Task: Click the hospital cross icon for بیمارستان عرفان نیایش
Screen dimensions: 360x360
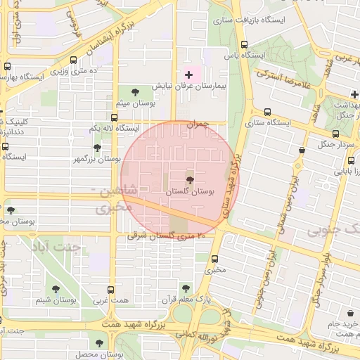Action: point(188,74)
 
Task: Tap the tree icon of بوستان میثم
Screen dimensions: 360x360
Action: point(135,91)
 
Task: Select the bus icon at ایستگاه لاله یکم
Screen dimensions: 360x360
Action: point(114,117)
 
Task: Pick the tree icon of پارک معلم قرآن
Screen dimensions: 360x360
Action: point(186,288)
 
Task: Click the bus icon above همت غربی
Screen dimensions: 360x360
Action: point(110,290)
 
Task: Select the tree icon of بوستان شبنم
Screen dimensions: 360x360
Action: point(56,288)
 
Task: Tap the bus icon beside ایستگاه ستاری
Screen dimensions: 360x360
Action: point(267,112)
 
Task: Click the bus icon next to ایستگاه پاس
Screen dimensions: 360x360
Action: point(243,44)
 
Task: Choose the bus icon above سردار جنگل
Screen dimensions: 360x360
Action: point(335,133)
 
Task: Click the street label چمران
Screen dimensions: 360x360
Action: point(198,124)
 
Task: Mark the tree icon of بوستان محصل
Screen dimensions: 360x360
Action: point(97,342)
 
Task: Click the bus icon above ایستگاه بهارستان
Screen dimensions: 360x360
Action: point(7,66)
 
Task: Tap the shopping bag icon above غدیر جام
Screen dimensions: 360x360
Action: point(349,312)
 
